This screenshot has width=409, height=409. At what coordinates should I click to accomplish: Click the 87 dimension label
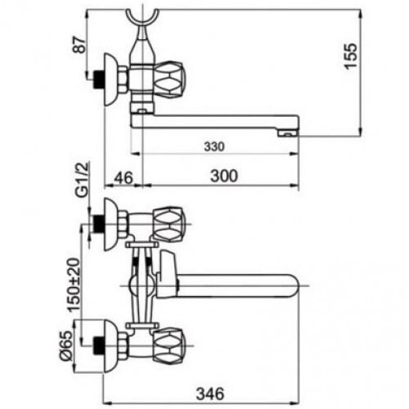[80, 46]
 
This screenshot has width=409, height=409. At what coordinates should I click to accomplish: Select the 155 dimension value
[350, 56]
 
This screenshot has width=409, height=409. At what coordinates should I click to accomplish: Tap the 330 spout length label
[214, 146]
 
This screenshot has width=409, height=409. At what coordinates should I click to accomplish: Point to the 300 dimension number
[224, 176]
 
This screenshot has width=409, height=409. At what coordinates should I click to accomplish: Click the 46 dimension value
[124, 178]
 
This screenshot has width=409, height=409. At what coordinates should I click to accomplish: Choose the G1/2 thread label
[82, 179]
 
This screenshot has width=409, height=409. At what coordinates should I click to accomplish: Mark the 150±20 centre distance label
[74, 285]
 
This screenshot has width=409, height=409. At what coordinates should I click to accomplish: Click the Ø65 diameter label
[66, 346]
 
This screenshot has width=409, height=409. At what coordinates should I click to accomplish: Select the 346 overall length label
[210, 393]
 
